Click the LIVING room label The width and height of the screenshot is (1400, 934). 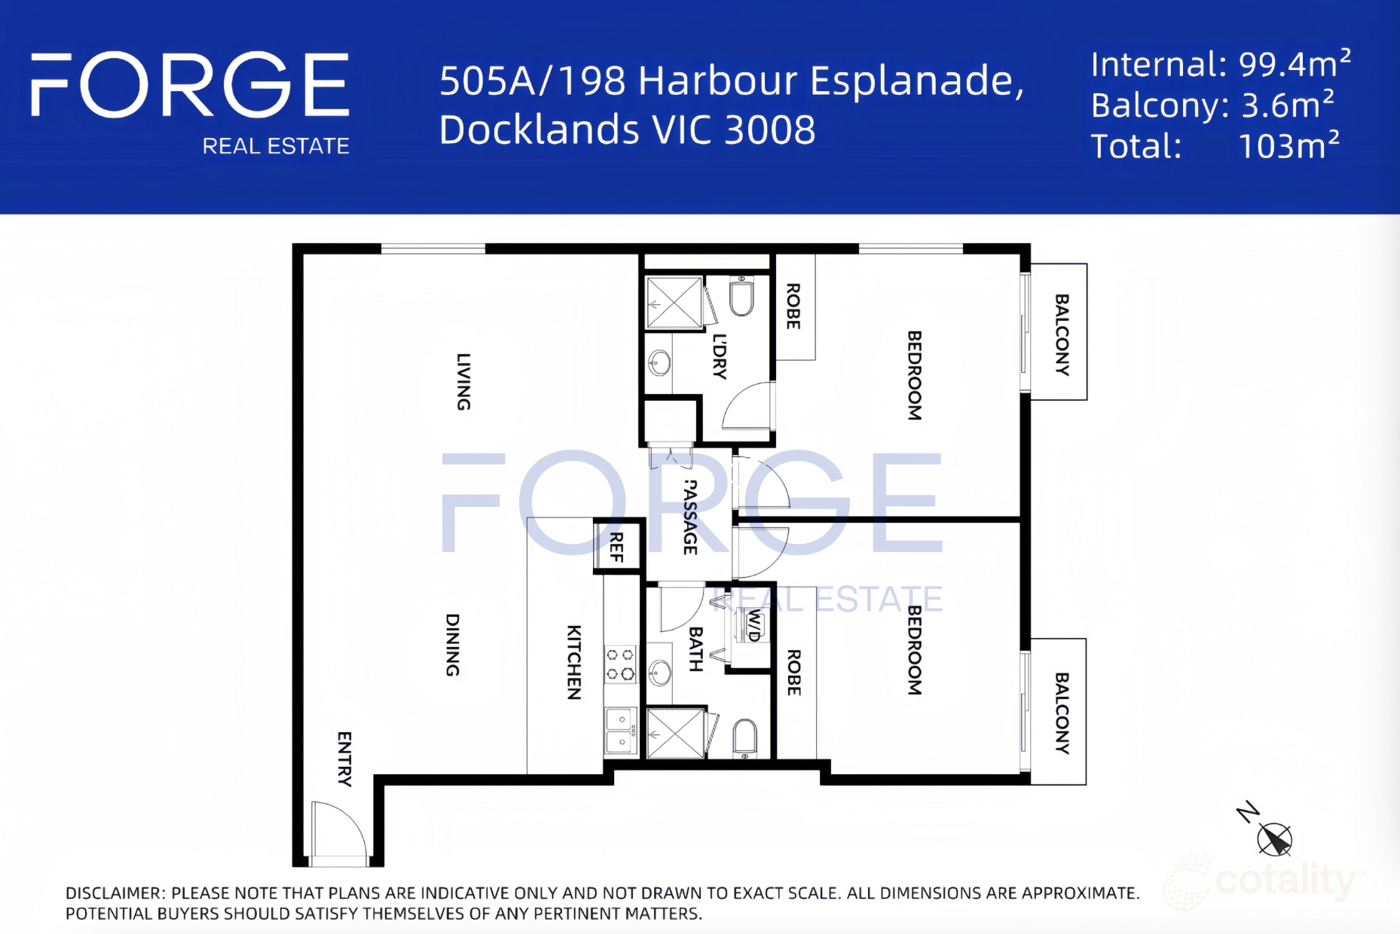[x=464, y=382]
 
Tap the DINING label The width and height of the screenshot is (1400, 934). [x=452, y=645]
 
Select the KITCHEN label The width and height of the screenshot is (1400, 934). [x=574, y=662]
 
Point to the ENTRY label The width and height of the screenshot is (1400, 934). [x=344, y=759]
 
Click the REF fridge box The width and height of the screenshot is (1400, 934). [x=618, y=547]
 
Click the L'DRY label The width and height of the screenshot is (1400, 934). [x=720, y=356]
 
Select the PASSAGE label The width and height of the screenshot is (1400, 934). [x=689, y=517]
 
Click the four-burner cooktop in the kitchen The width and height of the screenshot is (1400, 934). [x=621, y=664]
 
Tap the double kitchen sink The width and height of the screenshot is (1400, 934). [x=622, y=731]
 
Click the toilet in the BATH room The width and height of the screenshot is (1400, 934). [x=744, y=738]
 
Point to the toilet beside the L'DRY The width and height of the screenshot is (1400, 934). [x=742, y=297]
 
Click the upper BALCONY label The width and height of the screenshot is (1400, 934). [x=1062, y=334]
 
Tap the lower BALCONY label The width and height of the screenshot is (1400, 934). [x=1062, y=713]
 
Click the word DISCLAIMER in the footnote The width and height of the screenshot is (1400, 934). [x=114, y=893]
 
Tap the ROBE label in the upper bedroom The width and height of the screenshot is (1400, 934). [x=793, y=306]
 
